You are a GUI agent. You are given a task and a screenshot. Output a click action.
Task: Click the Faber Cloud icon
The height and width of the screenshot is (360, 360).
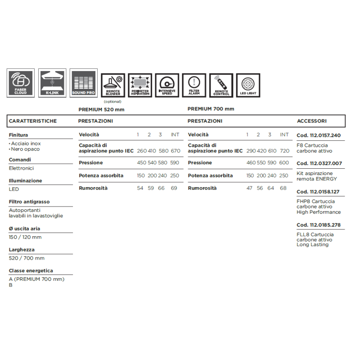[21, 82]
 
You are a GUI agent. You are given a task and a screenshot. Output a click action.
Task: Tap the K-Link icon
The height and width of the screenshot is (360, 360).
[52, 82]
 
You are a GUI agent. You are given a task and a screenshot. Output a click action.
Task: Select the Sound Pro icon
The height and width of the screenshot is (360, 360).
[84, 82]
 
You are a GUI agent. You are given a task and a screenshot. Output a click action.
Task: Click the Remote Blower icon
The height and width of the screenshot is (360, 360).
[112, 85]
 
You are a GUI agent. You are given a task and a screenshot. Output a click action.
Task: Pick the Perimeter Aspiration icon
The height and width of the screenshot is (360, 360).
[140, 85]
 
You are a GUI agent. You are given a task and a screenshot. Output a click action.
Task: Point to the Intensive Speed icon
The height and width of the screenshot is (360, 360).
[167, 85]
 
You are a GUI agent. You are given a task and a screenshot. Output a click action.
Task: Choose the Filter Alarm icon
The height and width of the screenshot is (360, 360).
[194, 85]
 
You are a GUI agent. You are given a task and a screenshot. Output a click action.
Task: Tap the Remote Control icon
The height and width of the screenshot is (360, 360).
[221, 85]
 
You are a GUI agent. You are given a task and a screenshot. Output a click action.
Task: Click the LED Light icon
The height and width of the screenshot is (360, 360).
[248, 85]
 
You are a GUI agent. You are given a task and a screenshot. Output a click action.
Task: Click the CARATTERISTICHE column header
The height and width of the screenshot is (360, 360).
[33, 121]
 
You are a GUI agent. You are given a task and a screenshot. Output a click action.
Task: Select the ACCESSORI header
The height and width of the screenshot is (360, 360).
[312, 121]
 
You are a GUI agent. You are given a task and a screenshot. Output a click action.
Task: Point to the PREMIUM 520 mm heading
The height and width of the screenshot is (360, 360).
[101, 109]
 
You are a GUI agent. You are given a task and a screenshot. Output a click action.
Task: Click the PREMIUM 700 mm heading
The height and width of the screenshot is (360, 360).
[211, 109]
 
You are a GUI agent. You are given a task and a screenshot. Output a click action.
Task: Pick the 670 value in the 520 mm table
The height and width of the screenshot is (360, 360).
[175, 151]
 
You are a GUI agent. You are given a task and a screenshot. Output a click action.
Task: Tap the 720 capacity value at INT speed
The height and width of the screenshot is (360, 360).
[284, 151]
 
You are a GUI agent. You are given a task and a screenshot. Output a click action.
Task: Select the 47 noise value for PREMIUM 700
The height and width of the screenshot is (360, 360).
[249, 188]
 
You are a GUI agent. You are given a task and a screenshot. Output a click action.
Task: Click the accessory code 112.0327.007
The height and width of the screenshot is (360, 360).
[319, 163]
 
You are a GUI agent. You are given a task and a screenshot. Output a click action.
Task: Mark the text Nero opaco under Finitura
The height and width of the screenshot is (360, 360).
[26, 149]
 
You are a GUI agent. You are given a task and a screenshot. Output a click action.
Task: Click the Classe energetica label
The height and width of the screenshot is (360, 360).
[31, 270]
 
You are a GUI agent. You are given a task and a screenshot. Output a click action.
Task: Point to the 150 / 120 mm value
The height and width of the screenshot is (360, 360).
[25, 237]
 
